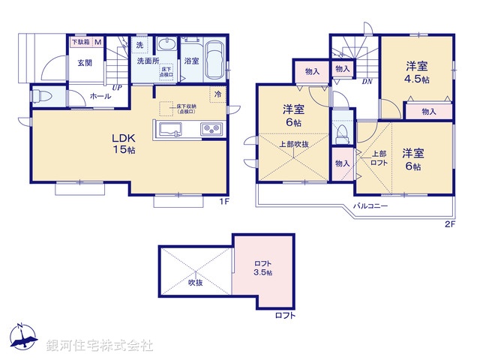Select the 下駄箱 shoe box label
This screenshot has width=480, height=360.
[x=79, y=42]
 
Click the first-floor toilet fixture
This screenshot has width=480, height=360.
[x=43, y=97]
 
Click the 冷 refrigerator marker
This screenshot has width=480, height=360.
[x=217, y=94]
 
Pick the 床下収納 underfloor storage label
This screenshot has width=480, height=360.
[x=187, y=109]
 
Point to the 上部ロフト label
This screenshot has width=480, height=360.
[x=379, y=159]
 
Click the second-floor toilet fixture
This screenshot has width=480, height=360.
[x=342, y=133]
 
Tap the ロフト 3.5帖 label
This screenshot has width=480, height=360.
[x=262, y=268]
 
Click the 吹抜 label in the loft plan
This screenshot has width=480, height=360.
[x=195, y=283]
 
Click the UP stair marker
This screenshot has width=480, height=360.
[x=116, y=88]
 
